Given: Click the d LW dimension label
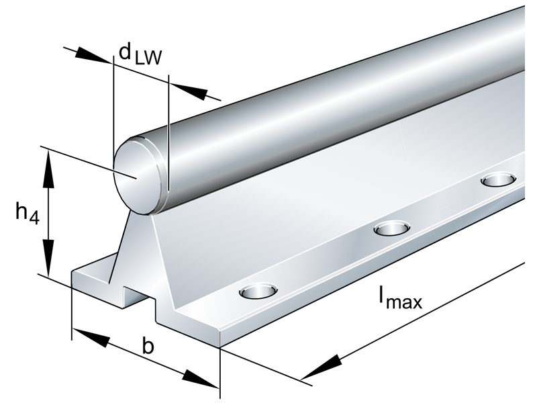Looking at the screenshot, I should (140, 54).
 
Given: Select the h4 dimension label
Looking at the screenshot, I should (27, 214).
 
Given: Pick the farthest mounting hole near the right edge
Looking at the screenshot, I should (498, 179).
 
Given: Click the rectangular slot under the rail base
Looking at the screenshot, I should (138, 296).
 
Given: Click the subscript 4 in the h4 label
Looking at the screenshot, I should (34, 220).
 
